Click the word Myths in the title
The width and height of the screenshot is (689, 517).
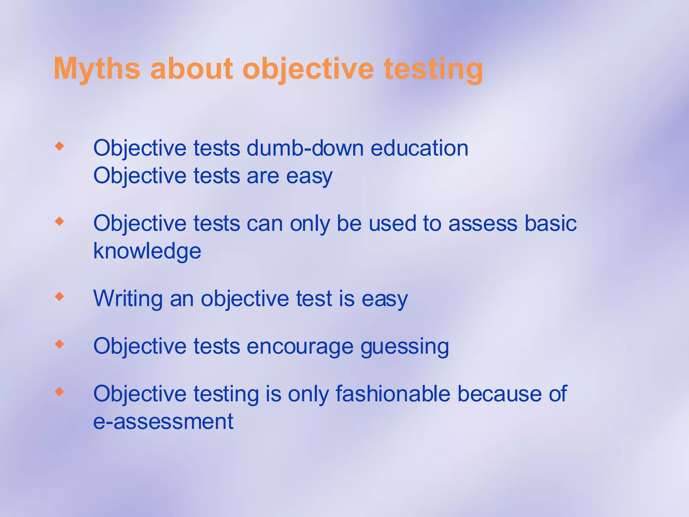(97, 69)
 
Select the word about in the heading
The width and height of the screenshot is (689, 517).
(191, 69)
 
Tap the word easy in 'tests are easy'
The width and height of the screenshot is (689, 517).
(309, 176)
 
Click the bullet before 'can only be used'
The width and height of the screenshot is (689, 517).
(60, 221)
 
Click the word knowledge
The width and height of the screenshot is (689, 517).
(147, 251)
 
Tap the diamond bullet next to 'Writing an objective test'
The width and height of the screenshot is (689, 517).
(60, 297)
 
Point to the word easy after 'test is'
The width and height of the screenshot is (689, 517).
(385, 299)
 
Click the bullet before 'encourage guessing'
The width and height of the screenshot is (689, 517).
(60, 344)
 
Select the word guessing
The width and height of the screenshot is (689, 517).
(405, 347)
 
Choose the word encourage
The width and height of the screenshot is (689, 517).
(300, 347)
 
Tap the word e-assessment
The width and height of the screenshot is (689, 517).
(163, 421)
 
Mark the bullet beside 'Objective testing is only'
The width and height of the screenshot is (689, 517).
(60, 391)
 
